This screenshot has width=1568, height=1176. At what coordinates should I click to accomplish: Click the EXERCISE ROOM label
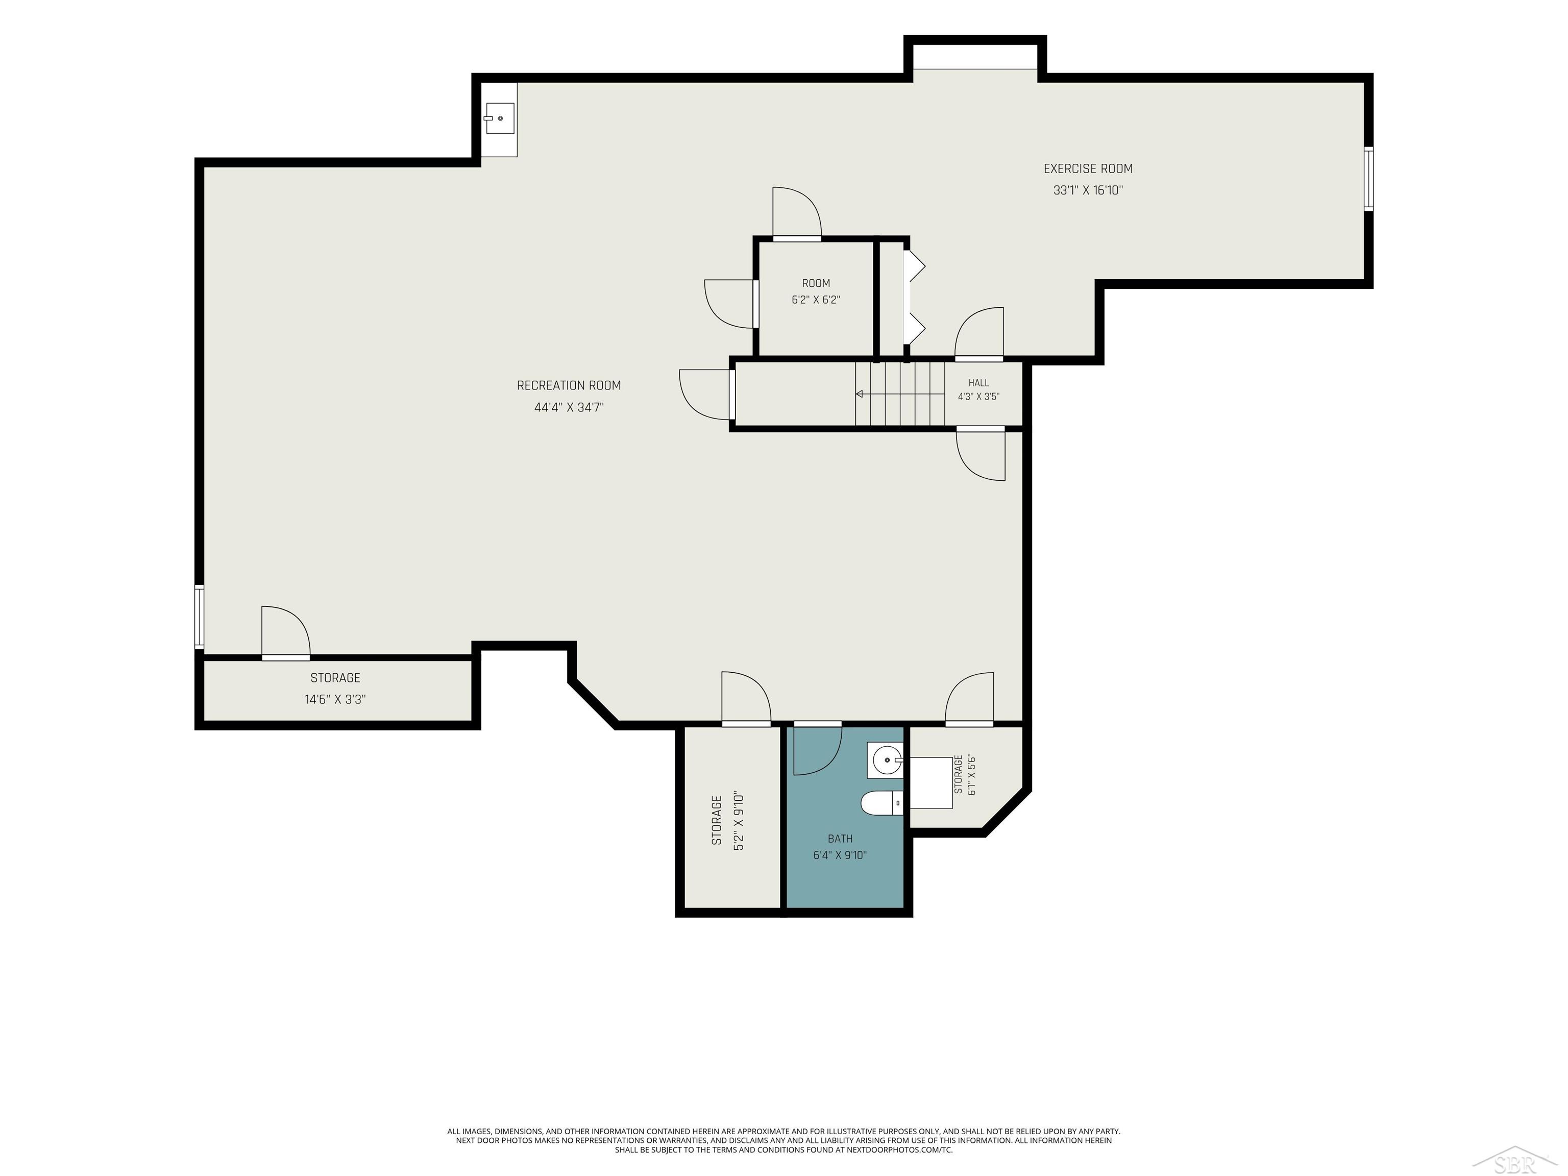(x=1088, y=169)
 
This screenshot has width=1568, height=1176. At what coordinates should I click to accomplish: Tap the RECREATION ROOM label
(x=569, y=386)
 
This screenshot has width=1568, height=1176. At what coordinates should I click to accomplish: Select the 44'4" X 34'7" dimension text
(x=569, y=408)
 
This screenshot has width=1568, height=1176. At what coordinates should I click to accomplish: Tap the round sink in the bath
(x=886, y=761)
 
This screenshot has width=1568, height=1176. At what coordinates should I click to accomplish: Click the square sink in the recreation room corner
(x=499, y=118)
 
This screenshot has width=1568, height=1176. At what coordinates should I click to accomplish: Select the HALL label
(x=978, y=383)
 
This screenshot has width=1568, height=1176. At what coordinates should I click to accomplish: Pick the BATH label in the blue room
(x=840, y=839)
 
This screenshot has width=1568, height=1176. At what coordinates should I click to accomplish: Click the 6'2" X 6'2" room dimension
(x=816, y=300)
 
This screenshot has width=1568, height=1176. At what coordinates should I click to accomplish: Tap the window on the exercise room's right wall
(x=1369, y=179)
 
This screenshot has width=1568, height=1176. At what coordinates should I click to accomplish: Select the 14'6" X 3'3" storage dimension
(x=335, y=700)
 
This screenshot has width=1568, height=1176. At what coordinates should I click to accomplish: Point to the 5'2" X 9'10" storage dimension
(x=739, y=821)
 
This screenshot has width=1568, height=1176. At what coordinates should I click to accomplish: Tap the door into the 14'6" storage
(x=286, y=633)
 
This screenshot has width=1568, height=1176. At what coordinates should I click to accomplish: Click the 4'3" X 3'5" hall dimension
(x=978, y=397)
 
